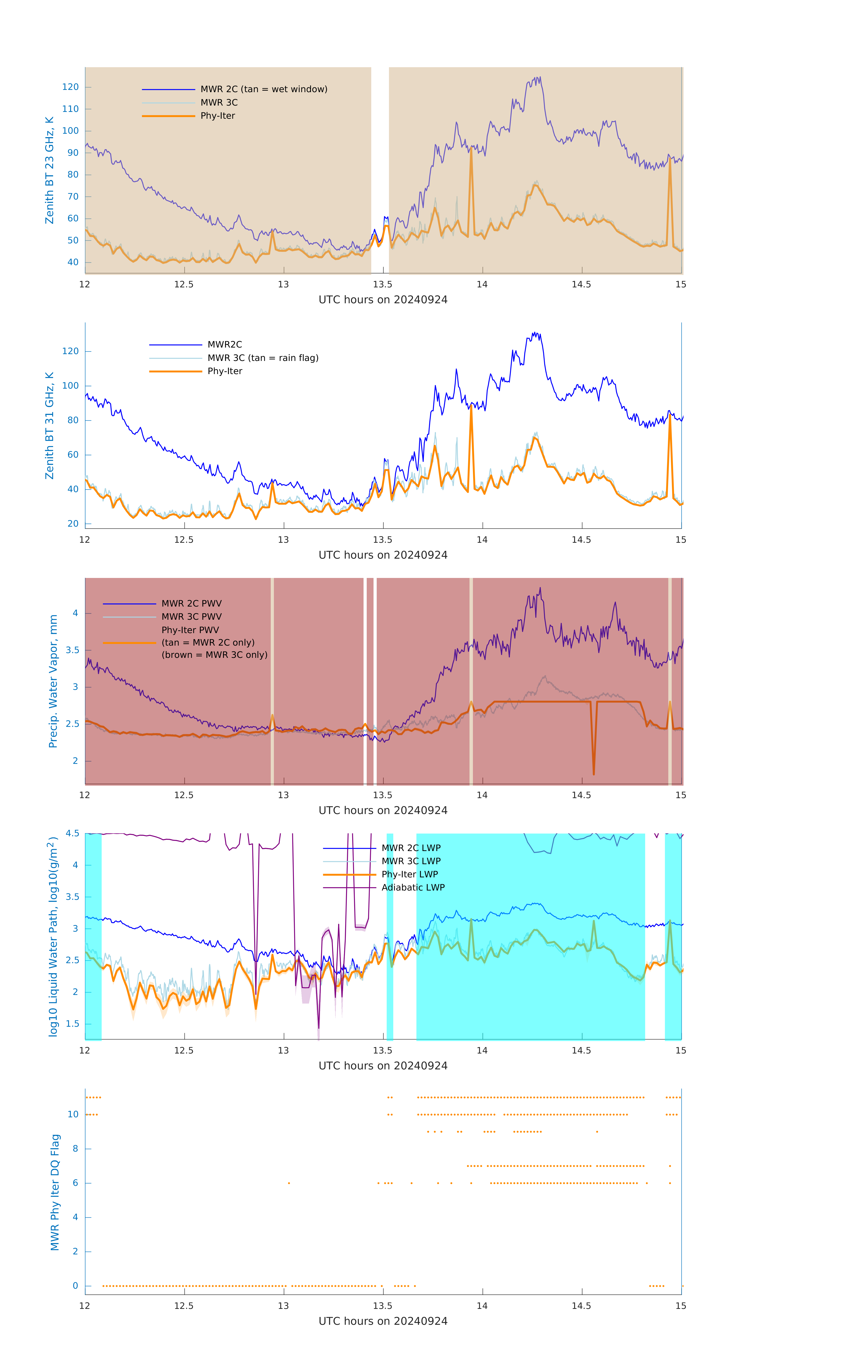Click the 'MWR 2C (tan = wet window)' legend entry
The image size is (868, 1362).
point(263,89)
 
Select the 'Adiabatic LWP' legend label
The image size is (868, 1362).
point(413,887)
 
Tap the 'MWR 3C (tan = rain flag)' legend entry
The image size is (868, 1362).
point(263,358)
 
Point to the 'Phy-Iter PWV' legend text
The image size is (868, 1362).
point(190,630)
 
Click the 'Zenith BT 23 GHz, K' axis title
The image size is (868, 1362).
point(50,170)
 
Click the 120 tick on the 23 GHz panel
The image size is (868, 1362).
point(71,87)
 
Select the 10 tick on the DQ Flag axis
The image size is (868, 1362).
point(73,1114)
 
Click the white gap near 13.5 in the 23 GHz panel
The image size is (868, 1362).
point(380,170)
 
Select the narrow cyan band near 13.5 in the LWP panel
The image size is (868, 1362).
point(390,936)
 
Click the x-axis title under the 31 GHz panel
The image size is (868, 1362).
point(383,555)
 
